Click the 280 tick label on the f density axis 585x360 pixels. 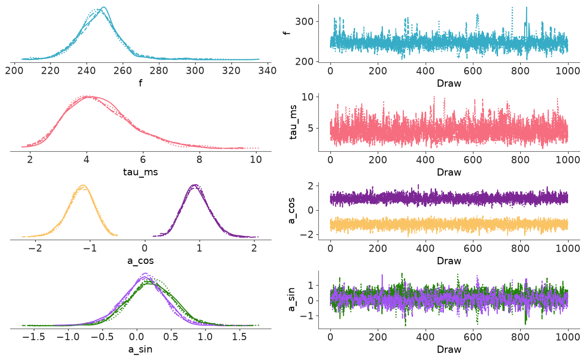coord(159,71)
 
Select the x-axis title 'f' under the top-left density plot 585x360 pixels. coord(141,83)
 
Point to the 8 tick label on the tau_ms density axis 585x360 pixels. coord(199,159)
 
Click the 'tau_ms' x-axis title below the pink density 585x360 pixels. coord(141,172)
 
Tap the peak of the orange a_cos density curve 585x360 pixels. coord(83,185)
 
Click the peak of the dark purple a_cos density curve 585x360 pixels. coord(195,185)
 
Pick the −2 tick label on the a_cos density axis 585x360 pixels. coord(36,248)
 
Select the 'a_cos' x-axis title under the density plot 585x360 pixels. coord(141,261)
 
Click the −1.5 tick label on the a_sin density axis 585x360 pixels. coord(34,337)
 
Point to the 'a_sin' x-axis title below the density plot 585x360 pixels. coord(141,349)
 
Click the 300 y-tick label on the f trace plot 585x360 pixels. coord(304,21)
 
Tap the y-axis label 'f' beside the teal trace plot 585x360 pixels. coord(287,33)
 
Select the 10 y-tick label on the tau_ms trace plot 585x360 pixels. coord(308,97)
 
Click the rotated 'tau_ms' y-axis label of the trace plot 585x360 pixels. coord(293,122)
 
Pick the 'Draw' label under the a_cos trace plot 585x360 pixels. coord(449,261)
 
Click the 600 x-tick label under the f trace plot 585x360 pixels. coord(473,71)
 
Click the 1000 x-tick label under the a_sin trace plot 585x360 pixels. coord(568,337)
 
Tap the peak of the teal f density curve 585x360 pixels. coord(104,7)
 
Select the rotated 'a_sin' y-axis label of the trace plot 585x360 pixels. coord(291,300)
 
